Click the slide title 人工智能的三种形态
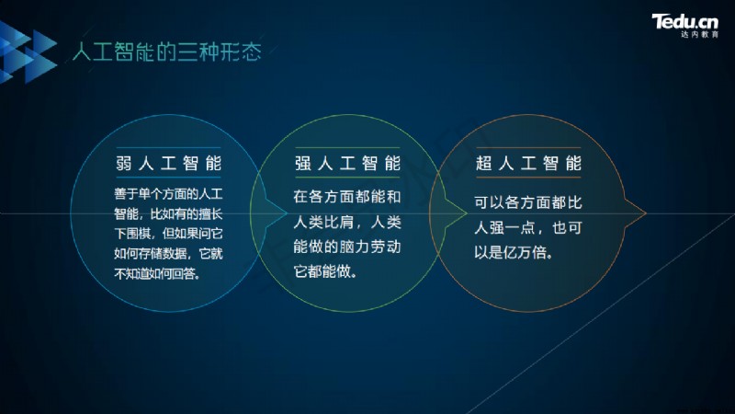coord(167,52)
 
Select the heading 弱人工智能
coord(168,164)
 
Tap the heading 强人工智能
coord(347,164)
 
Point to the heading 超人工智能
coord(528,164)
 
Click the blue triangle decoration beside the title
coord(28,52)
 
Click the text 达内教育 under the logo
coord(699,35)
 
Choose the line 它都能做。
coord(325,271)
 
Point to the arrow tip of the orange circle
coord(646,213)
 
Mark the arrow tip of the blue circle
coord(287,213)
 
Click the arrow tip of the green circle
coord(467,213)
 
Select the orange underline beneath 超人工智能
coord(528,178)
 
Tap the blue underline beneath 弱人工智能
coord(168,178)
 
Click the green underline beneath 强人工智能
coord(347,178)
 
